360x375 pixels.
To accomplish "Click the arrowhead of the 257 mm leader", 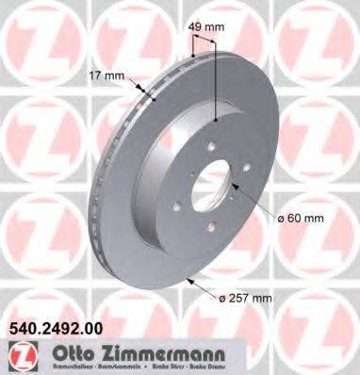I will [189, 280].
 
